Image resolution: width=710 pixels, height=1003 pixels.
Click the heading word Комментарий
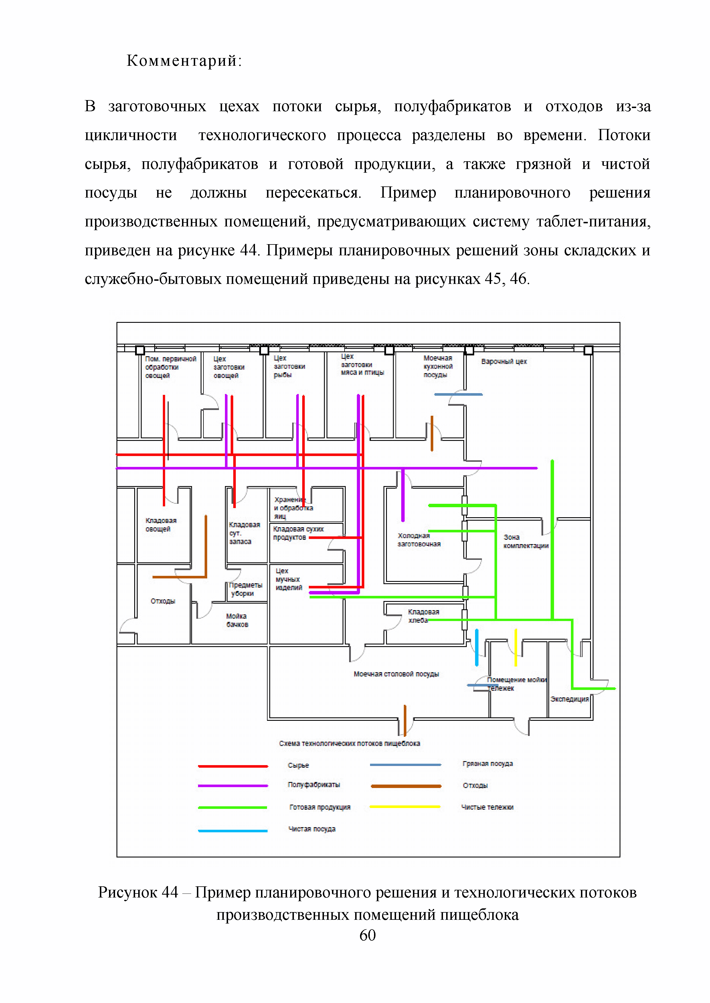[184, 61]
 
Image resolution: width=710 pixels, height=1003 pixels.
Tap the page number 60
[367, 935]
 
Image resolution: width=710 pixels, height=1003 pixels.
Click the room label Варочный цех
[504, 362]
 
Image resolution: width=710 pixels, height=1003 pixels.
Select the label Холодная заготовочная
[419, 540]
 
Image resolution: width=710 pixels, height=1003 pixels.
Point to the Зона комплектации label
[525, 542]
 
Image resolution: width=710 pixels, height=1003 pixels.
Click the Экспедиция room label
[569, 699]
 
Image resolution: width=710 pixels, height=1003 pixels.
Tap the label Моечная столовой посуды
[396, 674]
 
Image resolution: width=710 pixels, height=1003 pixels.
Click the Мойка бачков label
[237, 620]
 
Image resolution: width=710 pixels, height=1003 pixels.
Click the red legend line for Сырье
[233, 766]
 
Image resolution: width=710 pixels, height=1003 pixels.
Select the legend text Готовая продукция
[320, 807]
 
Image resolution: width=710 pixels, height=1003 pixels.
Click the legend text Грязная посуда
[487, 764]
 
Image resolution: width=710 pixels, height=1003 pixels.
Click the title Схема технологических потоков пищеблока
[349, 743]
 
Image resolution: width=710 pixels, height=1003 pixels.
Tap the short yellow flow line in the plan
[516, 647]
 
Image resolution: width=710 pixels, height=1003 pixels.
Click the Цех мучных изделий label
[288, 579]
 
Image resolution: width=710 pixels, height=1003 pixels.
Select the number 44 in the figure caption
[170, 892]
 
